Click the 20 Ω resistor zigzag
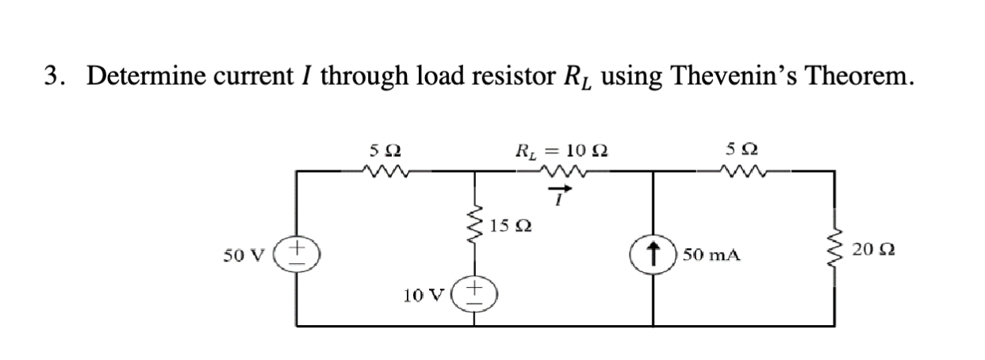point(832,252)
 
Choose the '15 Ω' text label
point(511,227)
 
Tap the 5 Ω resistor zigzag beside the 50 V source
point(385,168)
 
